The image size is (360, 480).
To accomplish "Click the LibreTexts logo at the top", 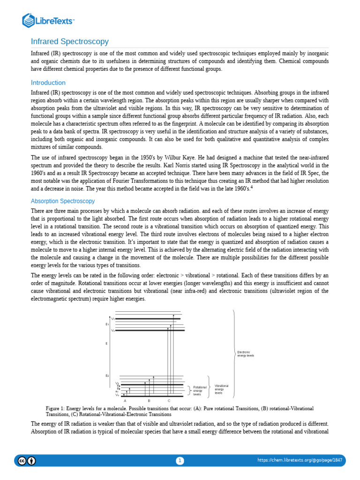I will pyautogui.click(x=48, y=20).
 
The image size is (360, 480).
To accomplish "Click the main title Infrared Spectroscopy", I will pyautogui.click(x=69, y=42).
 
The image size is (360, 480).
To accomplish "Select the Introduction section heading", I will pyautogui.click(x=48, y=82).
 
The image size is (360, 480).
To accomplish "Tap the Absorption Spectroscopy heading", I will pyautogui.click(x=62, y=201).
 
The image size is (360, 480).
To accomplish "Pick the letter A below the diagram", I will pyautogui.click(x=125, y=401).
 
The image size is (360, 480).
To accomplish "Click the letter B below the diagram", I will pyautogui.click(x=149, y=401).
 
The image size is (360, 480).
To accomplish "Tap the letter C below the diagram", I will pyautogui.click(x=169, y=401).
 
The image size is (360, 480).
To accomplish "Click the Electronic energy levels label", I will pyautogui.click(x=246, y=354).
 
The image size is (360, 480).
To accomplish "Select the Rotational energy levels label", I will pyautogui.click(x=199, y=390).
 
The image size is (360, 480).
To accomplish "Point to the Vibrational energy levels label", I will pyautogui.click(x=221, y=389).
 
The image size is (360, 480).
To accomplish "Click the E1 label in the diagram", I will pyautogui.click(x=107, y=324).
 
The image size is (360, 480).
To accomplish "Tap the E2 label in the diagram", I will pyautogui.click(x=107, y=375).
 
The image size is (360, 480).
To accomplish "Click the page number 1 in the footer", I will pyautogui.click(x=180, y=461).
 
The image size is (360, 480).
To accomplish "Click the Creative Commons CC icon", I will pyautogui.click(x=22, y=461).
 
